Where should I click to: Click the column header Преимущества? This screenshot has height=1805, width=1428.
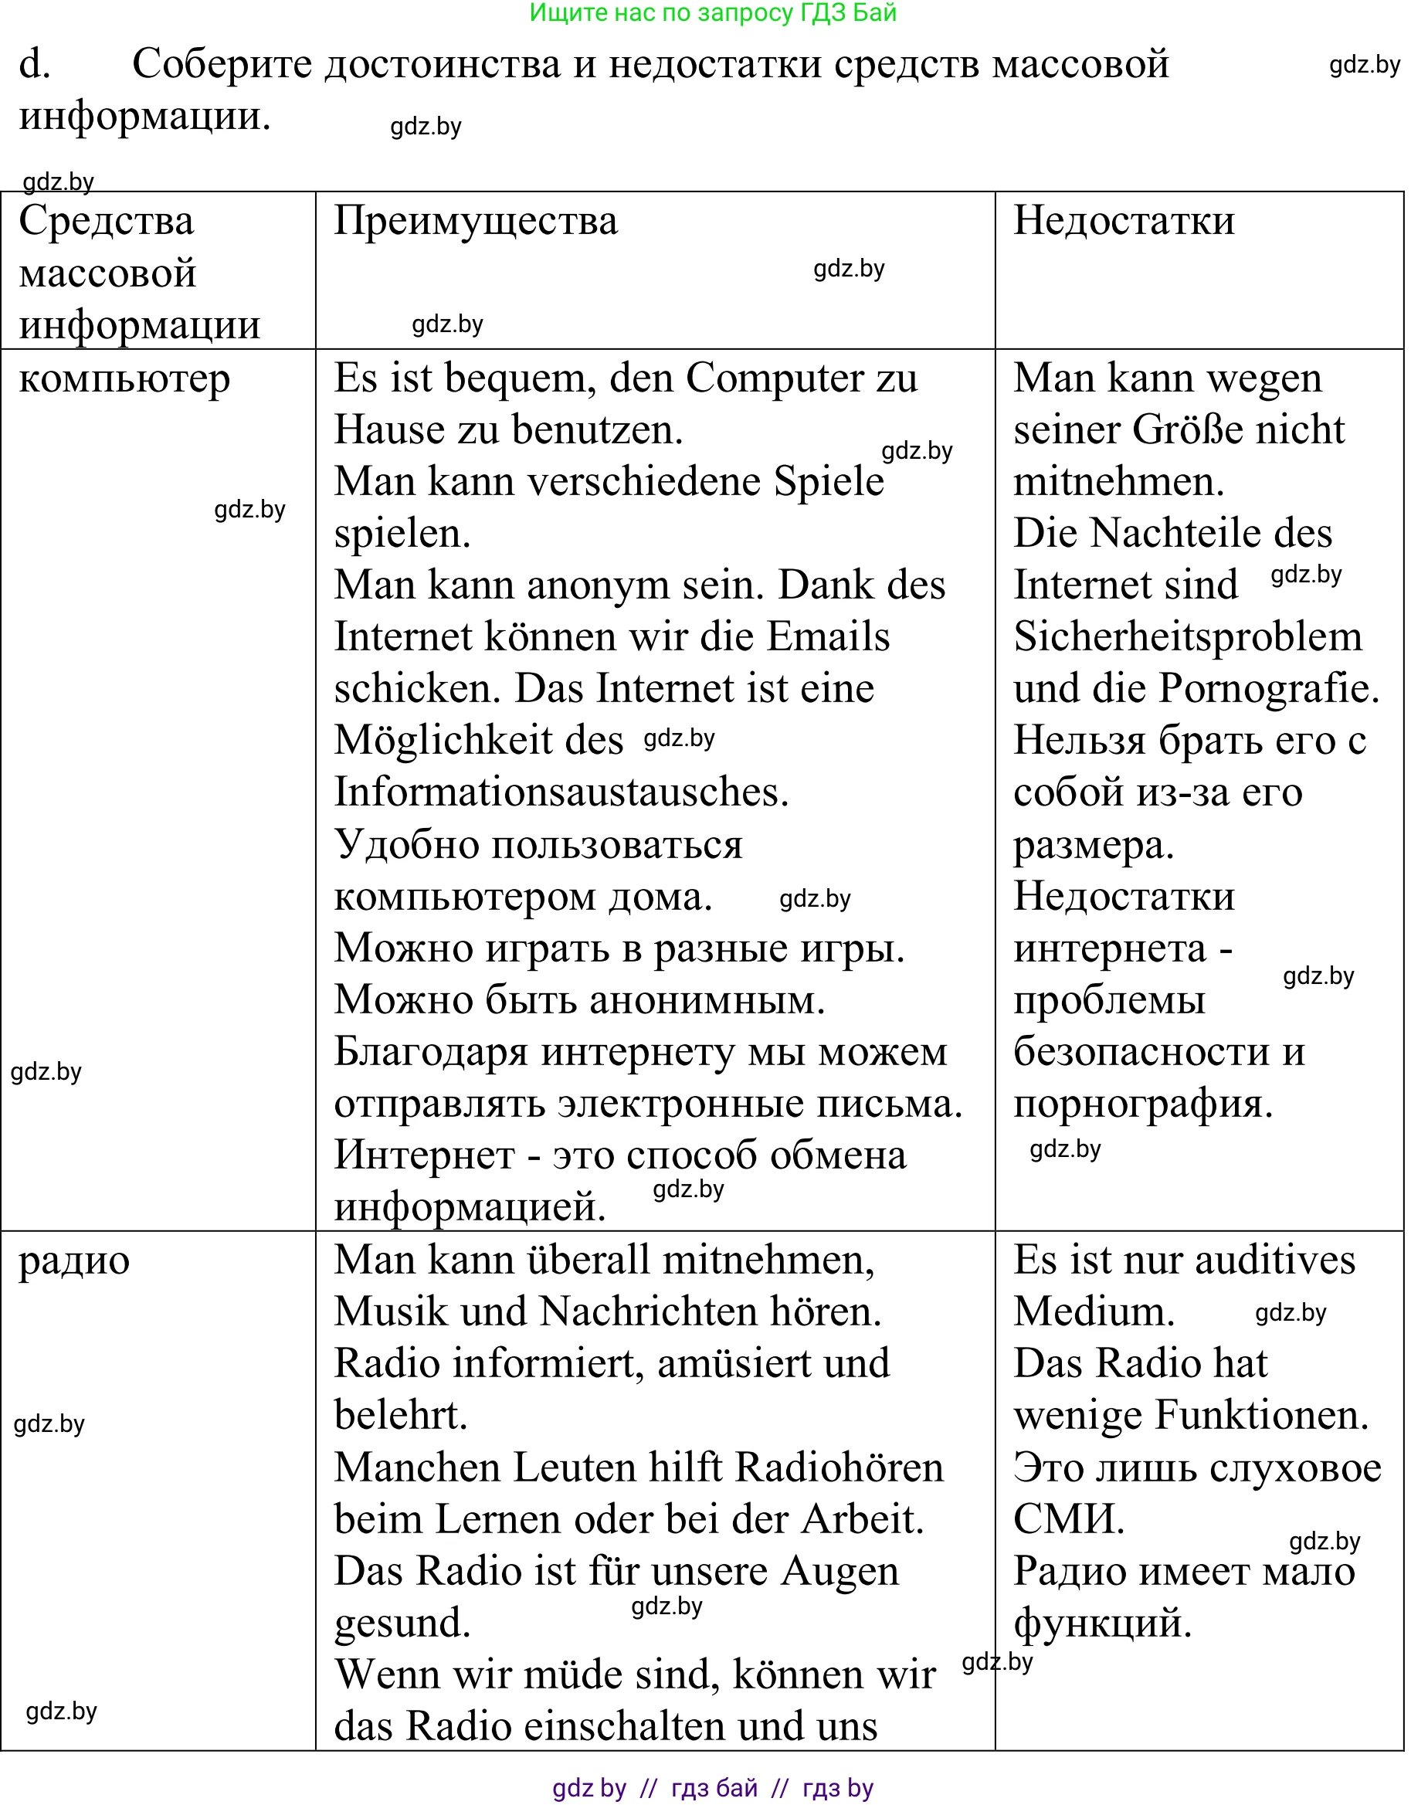coord(475,221)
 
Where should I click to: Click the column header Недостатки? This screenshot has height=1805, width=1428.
coord(1124,221)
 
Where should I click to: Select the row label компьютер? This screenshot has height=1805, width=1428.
coord(124,378)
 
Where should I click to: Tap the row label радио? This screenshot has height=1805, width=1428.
coord(74,1260)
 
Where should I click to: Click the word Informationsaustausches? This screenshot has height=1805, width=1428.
coord(561,792)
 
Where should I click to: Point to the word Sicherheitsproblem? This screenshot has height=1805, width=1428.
coord(1187,637)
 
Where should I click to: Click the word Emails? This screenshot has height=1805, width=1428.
coord(828,637)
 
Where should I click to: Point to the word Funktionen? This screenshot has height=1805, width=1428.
coord(1260,1416)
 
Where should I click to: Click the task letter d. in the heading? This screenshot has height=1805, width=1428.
coord(34,64)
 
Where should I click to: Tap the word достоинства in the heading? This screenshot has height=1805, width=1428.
coord(443,64)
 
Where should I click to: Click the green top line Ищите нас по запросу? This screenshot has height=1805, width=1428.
coord(712,12)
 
